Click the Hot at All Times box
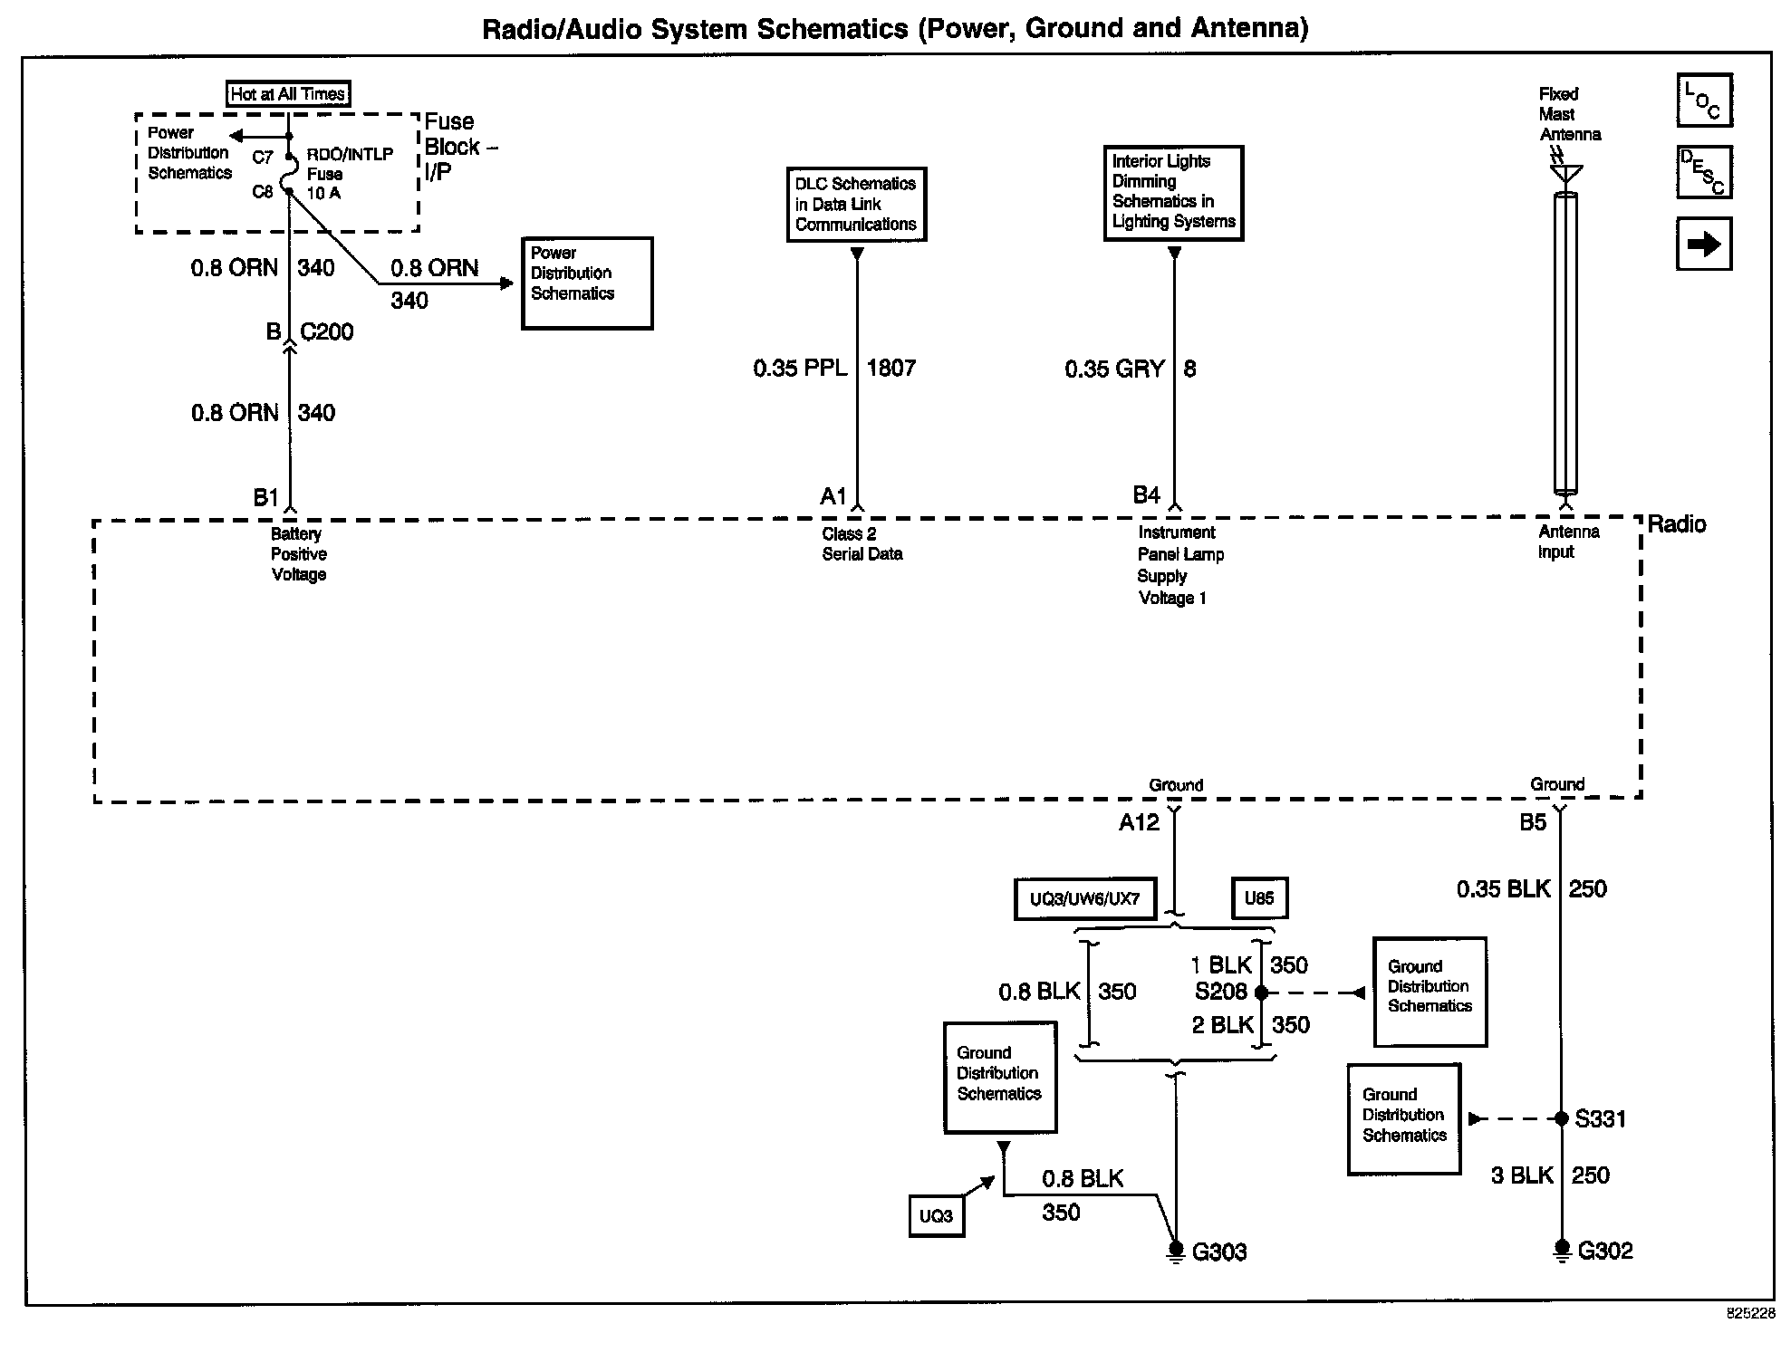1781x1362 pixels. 287,93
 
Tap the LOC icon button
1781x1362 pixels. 1703,101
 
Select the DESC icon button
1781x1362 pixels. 1703,172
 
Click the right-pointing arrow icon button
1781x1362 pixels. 1703,244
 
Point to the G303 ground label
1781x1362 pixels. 1218,1252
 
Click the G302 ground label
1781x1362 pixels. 1604,1252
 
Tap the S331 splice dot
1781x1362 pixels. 1561,1119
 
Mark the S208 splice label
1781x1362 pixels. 1220,992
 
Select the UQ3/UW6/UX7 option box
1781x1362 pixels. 1084,899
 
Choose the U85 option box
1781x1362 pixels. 1258,898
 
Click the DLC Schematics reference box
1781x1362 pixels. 856,204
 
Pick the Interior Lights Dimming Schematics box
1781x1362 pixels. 1173,192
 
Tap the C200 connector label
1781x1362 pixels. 326,332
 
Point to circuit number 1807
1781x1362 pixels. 890,368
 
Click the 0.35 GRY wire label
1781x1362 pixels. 1114,369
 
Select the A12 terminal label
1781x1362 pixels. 1139,822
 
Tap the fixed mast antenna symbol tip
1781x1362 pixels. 1565,172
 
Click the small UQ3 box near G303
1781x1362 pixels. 936,1216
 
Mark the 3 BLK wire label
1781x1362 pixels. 1522,1175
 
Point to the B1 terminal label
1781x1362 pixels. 265,497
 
